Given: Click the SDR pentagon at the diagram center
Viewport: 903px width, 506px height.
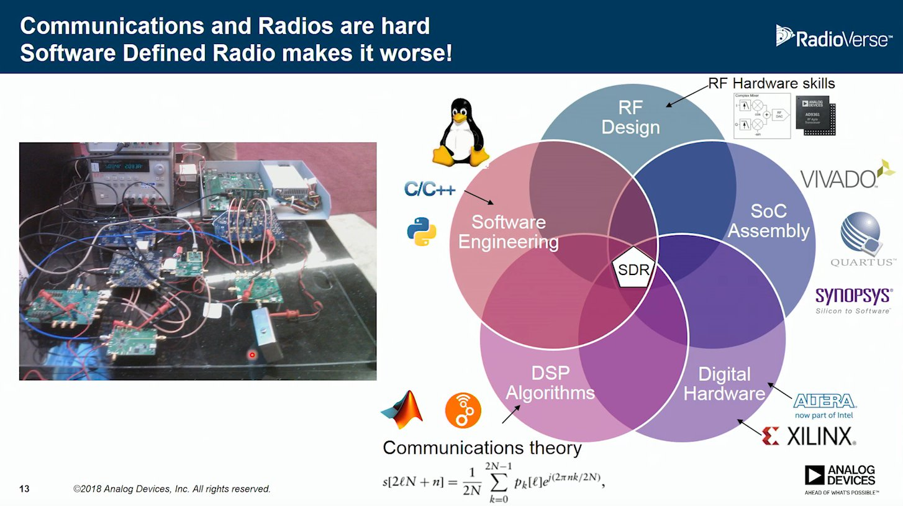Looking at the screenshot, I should (634, 271).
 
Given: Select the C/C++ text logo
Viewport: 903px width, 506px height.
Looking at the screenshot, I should (429, 189).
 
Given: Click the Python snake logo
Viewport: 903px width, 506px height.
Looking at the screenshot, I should (422, 231).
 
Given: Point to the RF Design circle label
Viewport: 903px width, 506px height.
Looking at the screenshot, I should (630, 117).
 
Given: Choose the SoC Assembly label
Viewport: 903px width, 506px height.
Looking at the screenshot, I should (769, 221).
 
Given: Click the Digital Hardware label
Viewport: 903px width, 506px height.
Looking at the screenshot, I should (724, 384).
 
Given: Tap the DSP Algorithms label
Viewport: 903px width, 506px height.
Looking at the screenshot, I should (550, 383).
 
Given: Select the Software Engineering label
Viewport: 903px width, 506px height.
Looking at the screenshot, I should (508, 232).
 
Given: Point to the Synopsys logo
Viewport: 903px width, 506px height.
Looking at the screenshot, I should (853, 299).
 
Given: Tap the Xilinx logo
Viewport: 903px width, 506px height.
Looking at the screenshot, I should (809, 436).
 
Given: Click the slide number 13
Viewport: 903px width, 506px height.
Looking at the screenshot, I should (24, 489).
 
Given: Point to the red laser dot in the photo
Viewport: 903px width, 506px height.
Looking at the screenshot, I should (252, 355).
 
